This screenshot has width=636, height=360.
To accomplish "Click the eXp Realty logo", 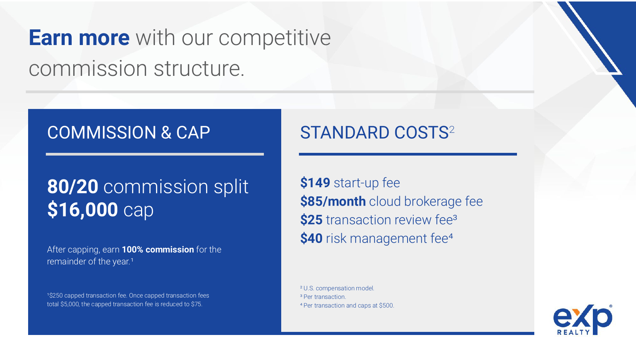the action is click(582, 320).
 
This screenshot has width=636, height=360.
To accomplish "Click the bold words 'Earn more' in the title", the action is click(79, 38).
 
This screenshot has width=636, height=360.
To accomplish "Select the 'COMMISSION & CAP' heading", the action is click(129, 132).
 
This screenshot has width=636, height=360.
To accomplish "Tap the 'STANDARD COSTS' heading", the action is click(374, 132).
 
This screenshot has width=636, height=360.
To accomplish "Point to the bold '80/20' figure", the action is click(73, 187).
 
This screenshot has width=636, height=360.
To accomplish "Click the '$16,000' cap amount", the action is click(82, 209).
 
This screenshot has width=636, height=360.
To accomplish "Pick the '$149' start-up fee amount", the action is click(315, 183).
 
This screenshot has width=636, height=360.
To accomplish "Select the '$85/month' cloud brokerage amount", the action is click(333, 201).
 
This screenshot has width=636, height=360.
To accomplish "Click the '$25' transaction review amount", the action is click(312, 220).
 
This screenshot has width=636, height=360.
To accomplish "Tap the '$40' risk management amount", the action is click(312, 238).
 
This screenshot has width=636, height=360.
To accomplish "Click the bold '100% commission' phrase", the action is click(158, 249).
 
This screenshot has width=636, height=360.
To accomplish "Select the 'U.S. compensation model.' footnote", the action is click(339, 288).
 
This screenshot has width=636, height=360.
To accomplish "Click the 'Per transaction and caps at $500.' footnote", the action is click(349, 306).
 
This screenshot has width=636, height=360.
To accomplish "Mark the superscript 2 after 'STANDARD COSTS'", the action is click(452, 130).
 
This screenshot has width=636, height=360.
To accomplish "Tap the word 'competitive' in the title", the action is click(275, 39).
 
